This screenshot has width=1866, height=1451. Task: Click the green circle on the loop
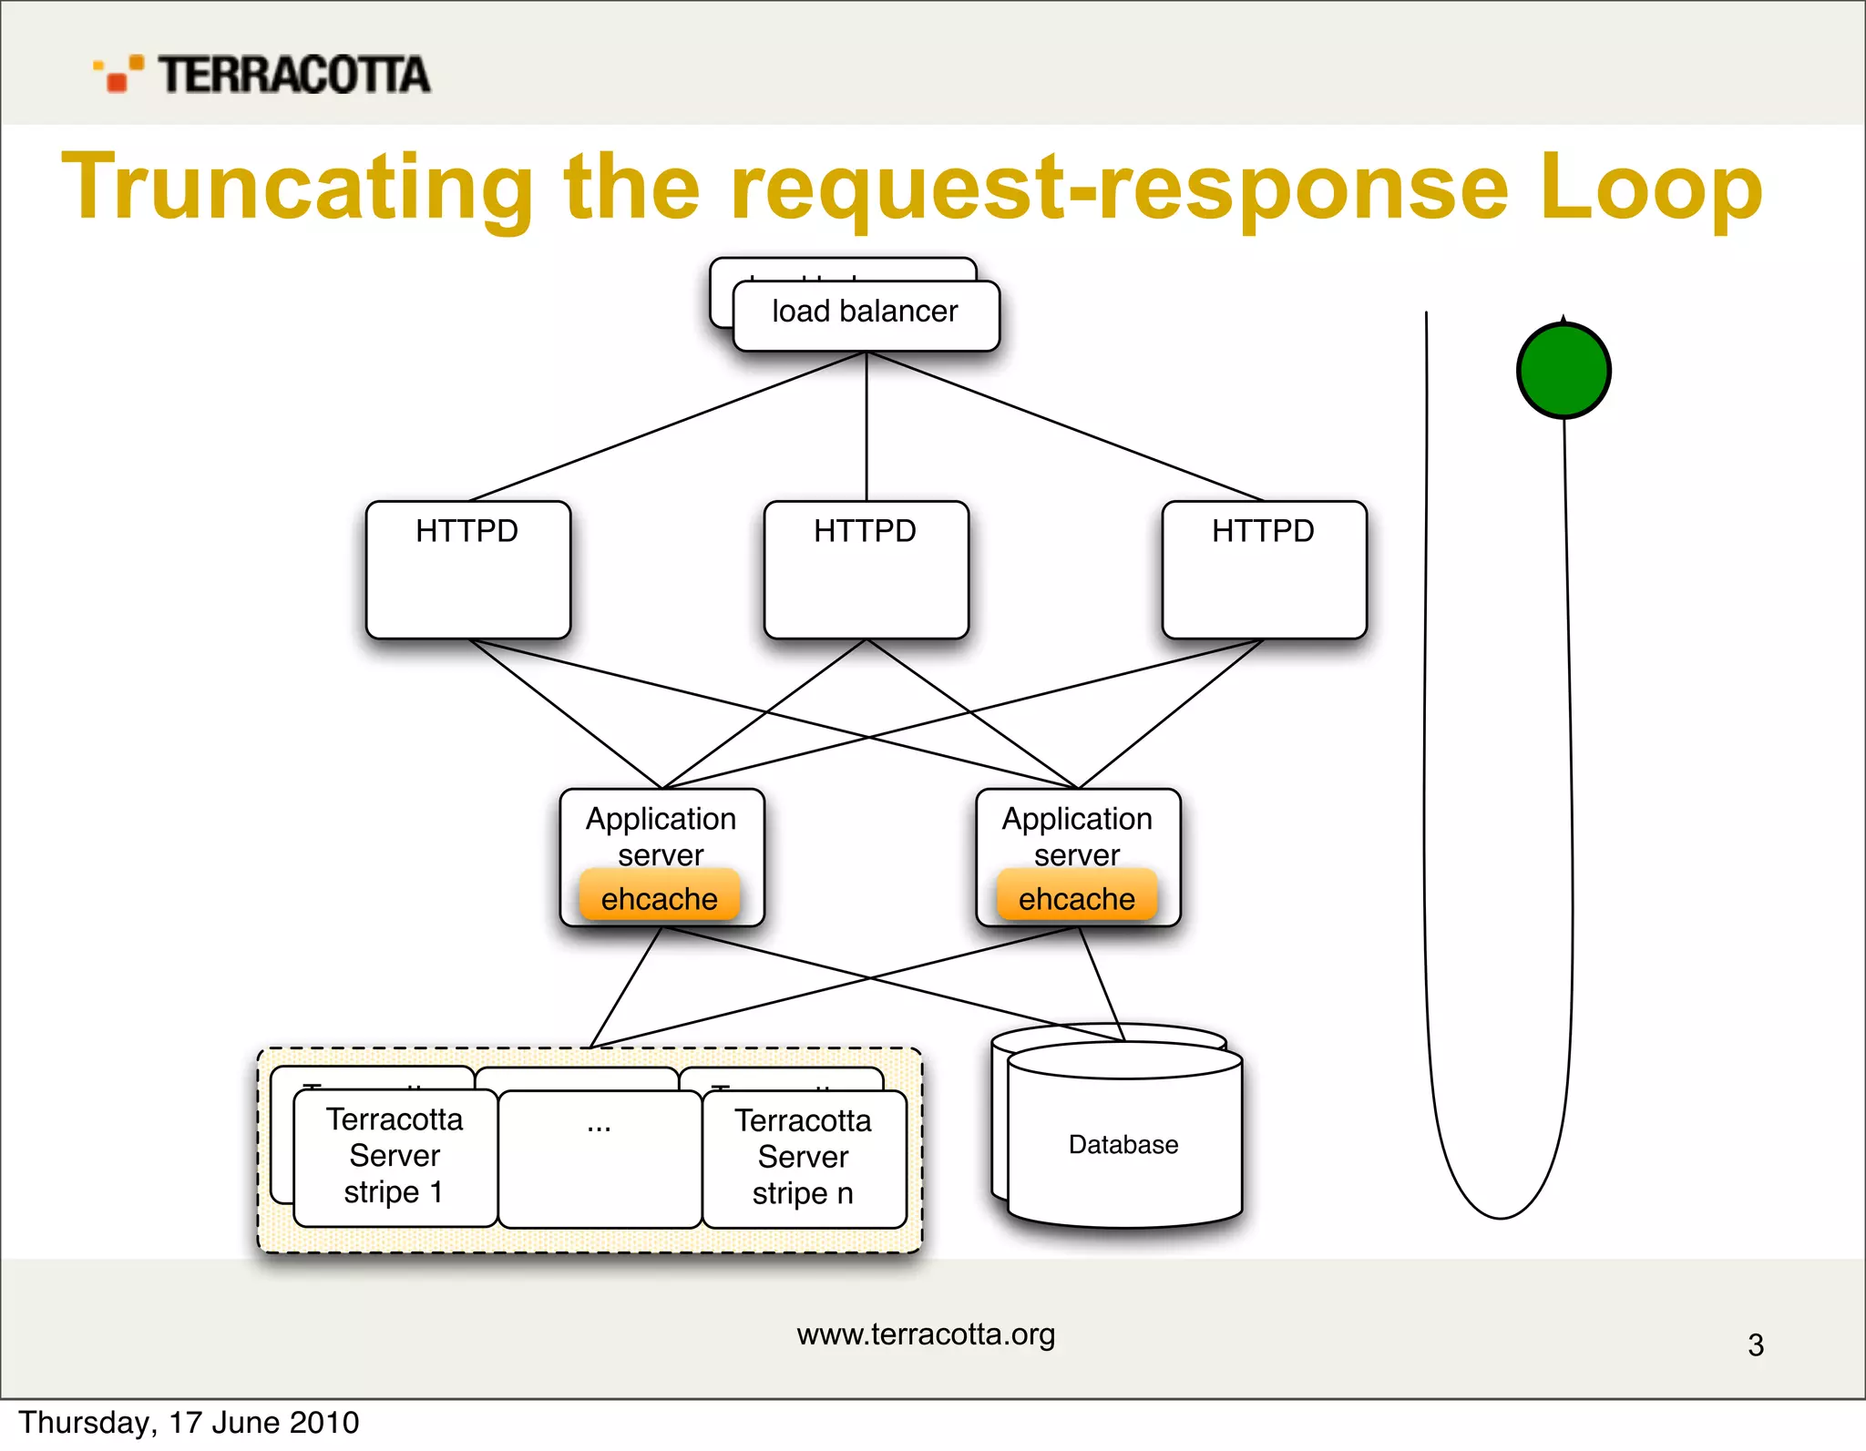click(1564, 371)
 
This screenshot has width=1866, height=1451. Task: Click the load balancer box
click(866, 314)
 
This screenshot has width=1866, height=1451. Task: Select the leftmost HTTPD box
click(468, 569)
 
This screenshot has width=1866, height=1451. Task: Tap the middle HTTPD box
click(866, 569)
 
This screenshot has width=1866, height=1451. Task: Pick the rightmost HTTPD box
click(1264, 569)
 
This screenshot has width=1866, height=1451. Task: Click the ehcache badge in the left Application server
click(660, 897)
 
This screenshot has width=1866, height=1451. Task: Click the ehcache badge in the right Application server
click(1076, 897)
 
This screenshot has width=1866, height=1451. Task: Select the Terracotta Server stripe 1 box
click(395, 1157)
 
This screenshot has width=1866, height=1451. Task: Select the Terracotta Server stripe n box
click(804, 1158)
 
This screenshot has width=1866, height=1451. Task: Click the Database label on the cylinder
click(1123, 1144)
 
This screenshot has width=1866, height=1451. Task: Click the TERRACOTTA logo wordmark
click(293, 75)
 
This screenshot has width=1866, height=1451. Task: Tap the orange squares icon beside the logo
click(118, 74)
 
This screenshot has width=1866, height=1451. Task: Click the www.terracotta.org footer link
click(926, 1334)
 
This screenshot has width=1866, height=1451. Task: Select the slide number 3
click(1756, 1345)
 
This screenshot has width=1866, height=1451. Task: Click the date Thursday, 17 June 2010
click(189, 1423)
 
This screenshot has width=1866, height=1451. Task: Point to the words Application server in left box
click(661, 836)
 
